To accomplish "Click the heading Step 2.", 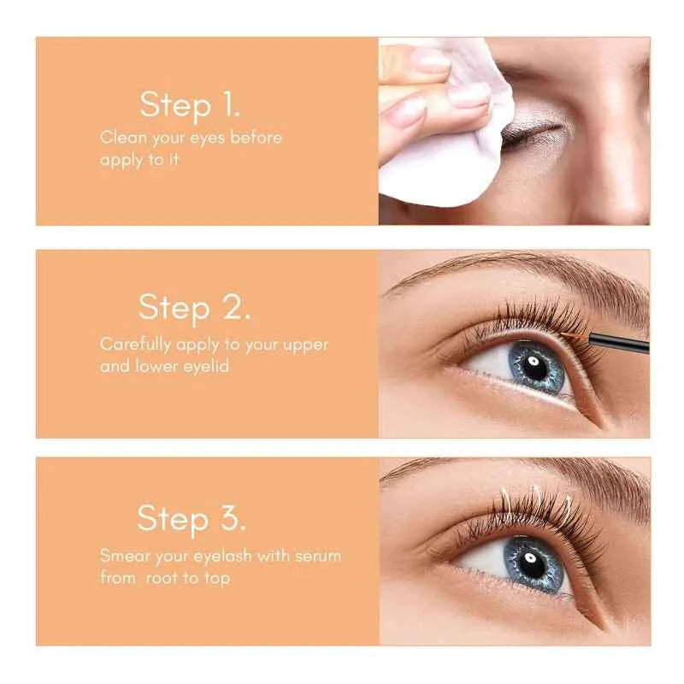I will pos(195,308).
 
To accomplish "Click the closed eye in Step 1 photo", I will pos(532,135).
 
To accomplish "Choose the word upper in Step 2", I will pos(304,345).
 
